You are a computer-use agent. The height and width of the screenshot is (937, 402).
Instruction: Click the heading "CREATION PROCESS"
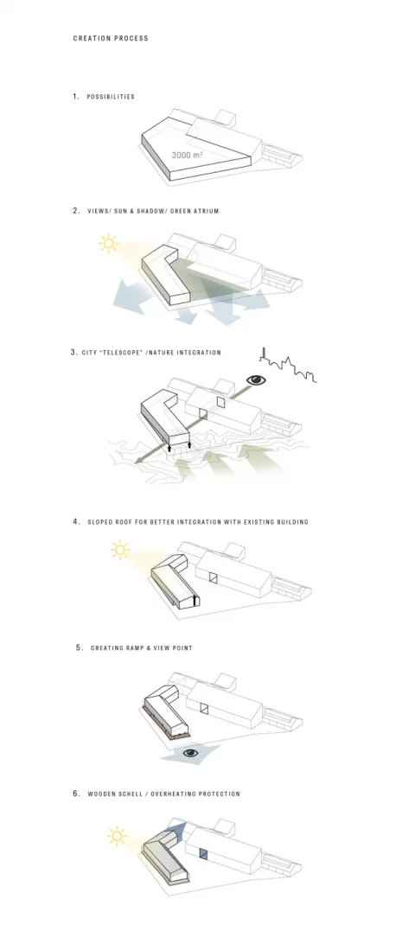(111, 38)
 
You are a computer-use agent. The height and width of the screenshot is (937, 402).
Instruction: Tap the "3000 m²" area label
(187, 155)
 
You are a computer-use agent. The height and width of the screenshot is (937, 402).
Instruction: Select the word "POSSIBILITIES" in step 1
(111, 97)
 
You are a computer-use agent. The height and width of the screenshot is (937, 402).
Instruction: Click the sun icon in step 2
(108, 243)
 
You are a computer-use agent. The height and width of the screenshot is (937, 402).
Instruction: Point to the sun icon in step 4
(120, 550)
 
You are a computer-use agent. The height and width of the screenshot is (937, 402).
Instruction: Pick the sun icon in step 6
(117, 836)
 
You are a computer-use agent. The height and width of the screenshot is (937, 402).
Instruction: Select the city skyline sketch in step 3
(287, 365)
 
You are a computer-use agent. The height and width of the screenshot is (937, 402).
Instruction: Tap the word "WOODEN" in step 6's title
(99, 794)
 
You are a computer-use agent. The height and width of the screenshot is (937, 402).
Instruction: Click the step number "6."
(76, 794)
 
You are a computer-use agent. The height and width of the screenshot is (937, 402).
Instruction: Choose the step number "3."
(74, 353)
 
